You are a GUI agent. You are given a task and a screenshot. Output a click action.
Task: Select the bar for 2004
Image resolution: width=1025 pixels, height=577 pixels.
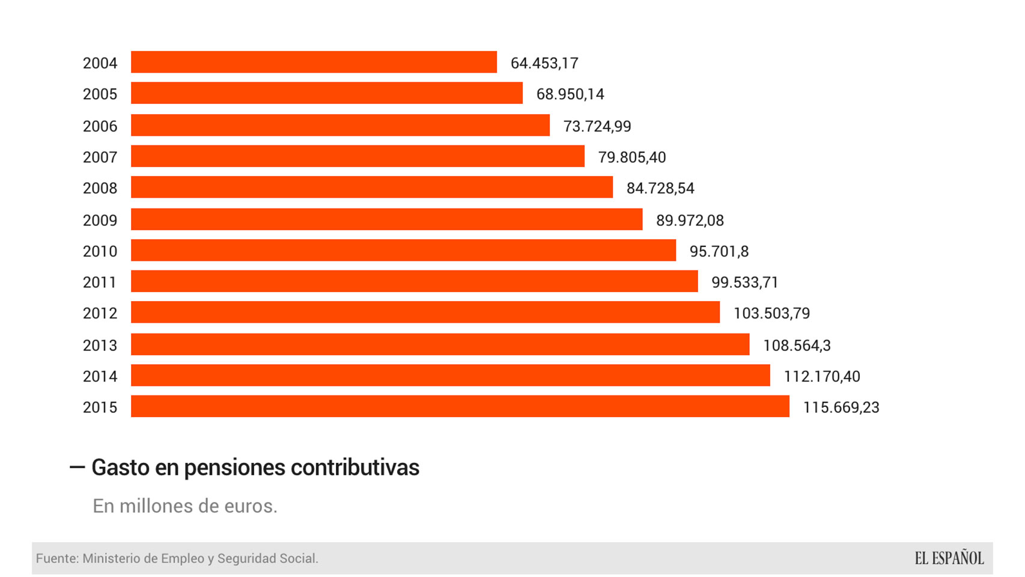[314, 63]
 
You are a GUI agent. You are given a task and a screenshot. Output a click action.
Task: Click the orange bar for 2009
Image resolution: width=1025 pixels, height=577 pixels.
[386, 219]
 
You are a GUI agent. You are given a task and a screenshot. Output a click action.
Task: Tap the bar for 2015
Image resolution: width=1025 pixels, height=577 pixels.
[460, 407]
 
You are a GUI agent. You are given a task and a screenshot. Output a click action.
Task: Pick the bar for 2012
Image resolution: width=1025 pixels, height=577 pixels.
[425, 313]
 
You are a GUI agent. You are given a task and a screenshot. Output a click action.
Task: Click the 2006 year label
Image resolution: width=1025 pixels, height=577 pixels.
[100, 126]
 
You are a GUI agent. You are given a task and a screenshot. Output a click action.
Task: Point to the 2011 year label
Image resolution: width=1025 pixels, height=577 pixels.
[100, 282]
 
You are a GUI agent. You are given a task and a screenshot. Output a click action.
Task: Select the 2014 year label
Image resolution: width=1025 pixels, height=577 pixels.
[100, 377]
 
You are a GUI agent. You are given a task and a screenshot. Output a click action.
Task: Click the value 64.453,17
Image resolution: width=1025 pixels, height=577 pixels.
[544, 63]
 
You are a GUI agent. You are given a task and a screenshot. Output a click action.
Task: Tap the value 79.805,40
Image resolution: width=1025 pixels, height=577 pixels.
[631, 157]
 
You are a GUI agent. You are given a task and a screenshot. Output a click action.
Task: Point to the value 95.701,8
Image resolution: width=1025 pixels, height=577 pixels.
[719, 251]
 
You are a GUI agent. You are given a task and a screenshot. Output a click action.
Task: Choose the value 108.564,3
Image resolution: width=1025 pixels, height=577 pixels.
[797, 346]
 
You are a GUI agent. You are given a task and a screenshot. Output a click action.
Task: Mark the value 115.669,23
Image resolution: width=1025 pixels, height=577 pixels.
[841, 408]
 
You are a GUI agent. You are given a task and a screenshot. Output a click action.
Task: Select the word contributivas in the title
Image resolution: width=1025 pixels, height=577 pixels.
[354, 468]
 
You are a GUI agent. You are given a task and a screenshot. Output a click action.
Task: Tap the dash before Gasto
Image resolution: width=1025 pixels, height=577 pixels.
[77, 467]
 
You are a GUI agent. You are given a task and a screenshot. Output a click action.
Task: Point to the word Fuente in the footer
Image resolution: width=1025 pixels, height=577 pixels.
[56, 558]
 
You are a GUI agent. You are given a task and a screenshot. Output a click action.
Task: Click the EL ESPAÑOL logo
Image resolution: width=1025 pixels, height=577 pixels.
[949, 558]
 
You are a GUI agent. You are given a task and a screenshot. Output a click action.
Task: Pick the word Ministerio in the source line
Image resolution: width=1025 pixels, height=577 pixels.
[112, 558]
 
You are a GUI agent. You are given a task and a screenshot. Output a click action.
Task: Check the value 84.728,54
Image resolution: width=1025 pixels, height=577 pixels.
[660, 189]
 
